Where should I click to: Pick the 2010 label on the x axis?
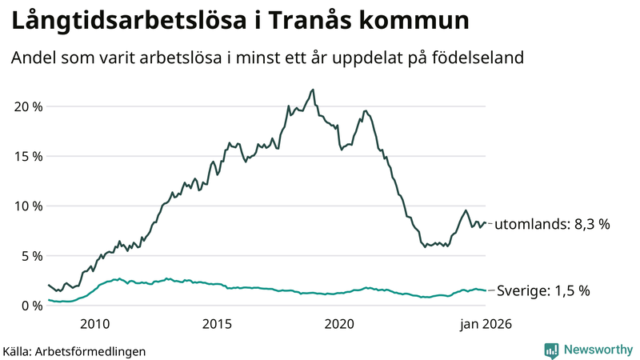point(94,324)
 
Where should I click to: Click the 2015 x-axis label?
point(217,324)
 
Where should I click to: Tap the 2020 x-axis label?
point(339,324)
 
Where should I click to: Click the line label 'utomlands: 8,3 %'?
point(551,225)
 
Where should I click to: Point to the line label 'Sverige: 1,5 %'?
point(543,291)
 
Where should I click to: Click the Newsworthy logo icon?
point(551,350)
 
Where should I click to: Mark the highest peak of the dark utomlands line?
point(313,90)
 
